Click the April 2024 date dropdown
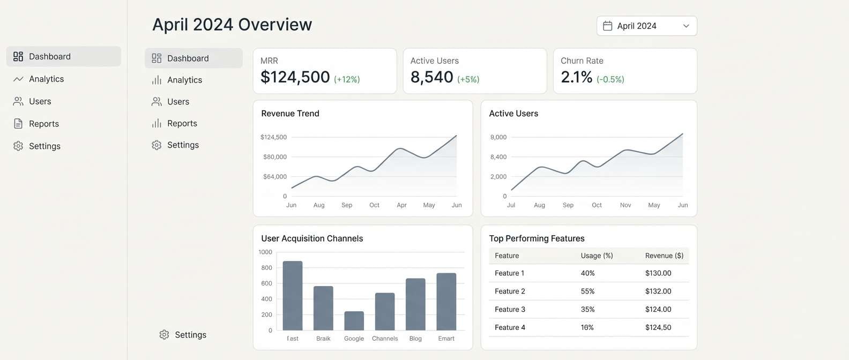pos(646,26)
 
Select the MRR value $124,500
pos(295,77)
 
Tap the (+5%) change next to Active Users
pos(468,79)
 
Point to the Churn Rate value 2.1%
pos(576,77)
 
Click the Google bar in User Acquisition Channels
pos(354,321)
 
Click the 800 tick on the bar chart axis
pos(266,268)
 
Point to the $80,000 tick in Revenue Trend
pos(274,157)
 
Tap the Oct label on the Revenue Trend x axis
pos(374,205)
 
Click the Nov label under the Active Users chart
pos(625,205)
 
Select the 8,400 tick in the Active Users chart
pos(498,157)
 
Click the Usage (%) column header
pos(597,256)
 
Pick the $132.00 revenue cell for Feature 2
pos(658,291)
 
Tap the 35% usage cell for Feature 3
pos(587,310)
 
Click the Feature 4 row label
pos(510,327)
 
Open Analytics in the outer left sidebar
pos(46,79)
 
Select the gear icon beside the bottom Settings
pos(164,335)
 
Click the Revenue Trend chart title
pos(290,114)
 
